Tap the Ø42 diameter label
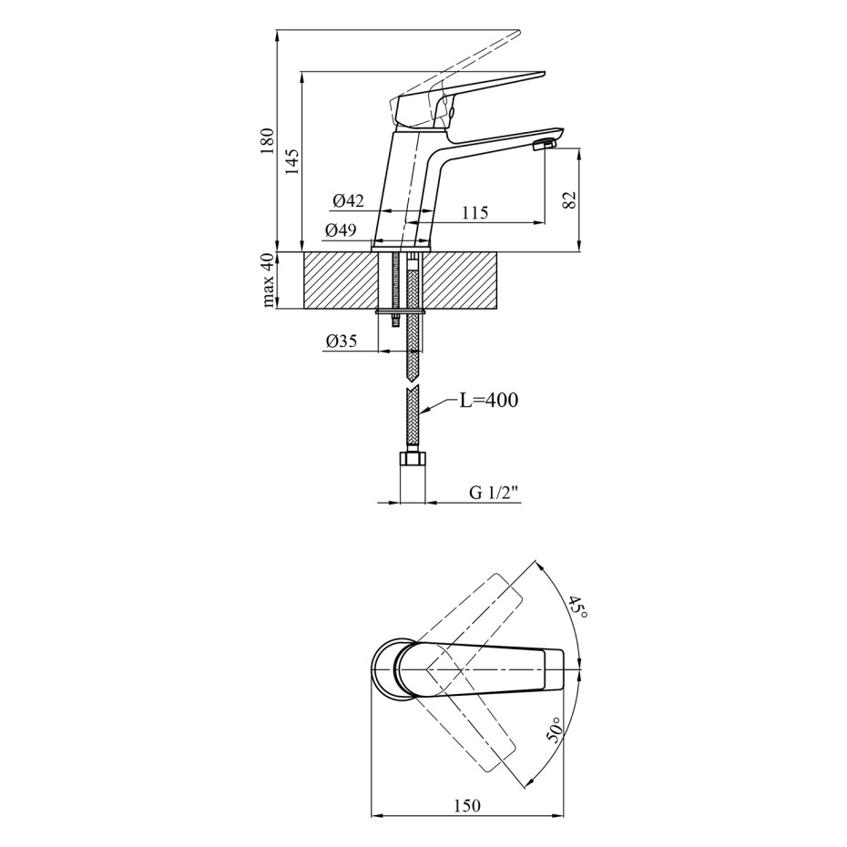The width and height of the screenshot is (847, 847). point(349,201)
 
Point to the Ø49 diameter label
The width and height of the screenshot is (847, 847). point(341,230)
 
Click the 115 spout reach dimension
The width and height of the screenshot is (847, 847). point(475,212)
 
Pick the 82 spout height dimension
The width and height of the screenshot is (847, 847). point(569,199)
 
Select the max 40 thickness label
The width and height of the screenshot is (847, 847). point(269,281)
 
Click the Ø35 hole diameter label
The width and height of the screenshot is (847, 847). point(342,341)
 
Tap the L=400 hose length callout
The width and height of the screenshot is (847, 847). point(488,400)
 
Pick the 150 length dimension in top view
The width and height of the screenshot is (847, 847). point(466,806)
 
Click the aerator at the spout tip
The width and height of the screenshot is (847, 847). point(544,145)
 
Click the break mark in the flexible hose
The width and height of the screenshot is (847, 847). point(413,383)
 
